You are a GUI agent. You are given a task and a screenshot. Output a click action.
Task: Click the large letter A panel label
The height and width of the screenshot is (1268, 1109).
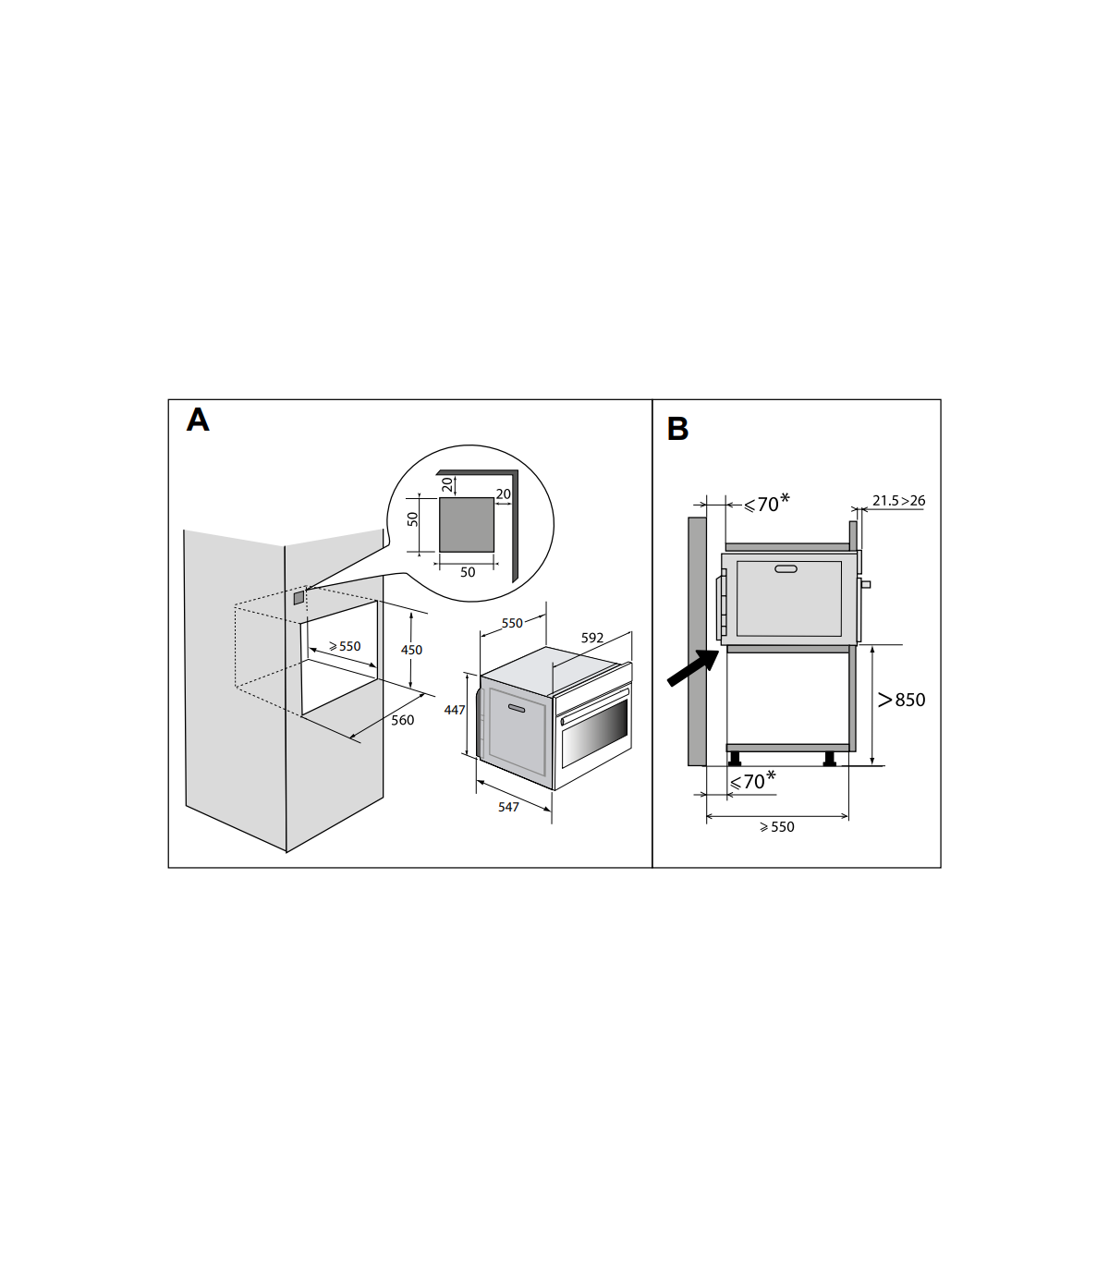[x=198, y=420]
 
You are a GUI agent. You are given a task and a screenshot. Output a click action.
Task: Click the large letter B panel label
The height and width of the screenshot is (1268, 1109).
[x=677, y=429]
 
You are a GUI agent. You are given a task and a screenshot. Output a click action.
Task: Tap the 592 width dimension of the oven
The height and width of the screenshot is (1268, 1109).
[x=592, y=638]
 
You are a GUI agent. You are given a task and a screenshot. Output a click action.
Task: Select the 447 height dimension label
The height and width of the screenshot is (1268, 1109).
[x=455, y=710]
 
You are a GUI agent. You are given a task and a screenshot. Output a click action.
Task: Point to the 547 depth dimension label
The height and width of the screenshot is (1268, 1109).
[x=508, y=807]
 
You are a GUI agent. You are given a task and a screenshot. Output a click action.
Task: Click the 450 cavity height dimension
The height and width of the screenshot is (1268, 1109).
[x=411, y=650]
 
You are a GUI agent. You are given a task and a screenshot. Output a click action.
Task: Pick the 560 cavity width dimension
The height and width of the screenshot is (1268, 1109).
[x=402, y=720]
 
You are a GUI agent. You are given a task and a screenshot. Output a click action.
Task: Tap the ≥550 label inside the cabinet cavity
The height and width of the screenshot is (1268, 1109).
[x=345, y=646]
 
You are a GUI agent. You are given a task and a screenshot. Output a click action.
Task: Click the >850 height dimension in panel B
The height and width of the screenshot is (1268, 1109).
[x=901, y=700]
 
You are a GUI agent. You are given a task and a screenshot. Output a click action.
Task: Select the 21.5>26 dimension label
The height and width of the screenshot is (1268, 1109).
[x=898, y=501]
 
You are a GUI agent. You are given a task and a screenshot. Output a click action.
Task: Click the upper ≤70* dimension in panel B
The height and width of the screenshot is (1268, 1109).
[x=766, y=504]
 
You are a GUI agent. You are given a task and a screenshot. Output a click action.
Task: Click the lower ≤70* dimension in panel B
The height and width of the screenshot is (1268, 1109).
[x=752, y=782]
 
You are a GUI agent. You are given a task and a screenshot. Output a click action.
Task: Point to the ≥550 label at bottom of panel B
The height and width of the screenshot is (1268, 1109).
[x=776, y=827]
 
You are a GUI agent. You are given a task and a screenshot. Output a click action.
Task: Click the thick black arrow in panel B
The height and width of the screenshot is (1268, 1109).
[x=692, y=668]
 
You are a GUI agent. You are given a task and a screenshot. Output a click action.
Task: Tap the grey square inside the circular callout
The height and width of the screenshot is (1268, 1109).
[x=466, y=524]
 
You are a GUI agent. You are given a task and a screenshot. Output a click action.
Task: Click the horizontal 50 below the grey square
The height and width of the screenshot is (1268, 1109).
[x=468, y=572]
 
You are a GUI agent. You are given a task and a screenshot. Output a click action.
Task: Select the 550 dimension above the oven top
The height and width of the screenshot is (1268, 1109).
[x=512, y=623]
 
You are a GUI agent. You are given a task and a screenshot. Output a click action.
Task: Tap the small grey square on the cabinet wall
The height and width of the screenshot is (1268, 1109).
[x=298, y=598]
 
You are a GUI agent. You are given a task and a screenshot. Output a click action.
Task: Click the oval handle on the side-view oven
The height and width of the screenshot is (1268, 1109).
[x=786, y=568]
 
